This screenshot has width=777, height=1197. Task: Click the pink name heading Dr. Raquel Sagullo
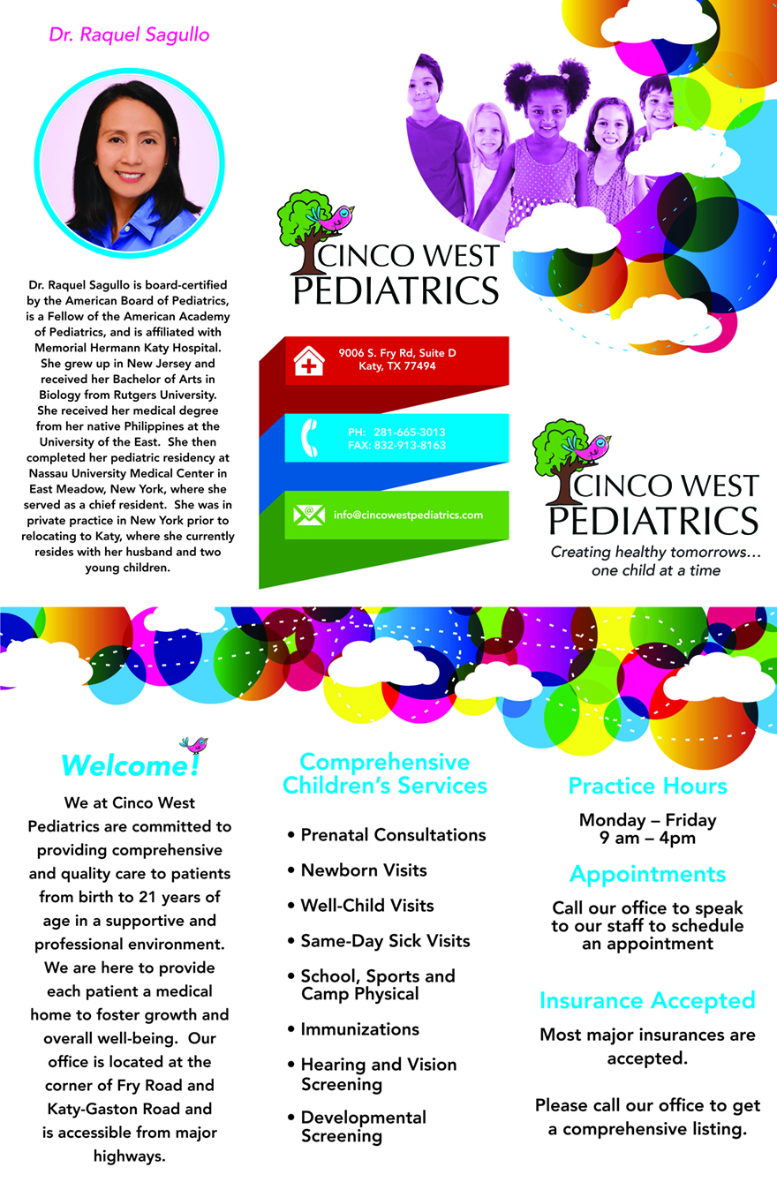pos(129,35)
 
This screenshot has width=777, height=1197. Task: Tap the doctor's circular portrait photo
pos(130,164)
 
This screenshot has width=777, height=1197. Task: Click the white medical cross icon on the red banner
pos(308,361)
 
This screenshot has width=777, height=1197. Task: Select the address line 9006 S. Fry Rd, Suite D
pos(396,353)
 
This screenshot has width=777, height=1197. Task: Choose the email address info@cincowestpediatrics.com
pos(408,515)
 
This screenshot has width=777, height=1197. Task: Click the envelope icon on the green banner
pos(309,515)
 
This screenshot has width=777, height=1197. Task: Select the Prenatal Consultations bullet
pos(393,835)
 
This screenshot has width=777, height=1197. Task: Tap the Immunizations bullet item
pos(359,1029)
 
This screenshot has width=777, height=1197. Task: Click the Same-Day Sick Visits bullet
pos(385,941)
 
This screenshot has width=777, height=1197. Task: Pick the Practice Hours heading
pos(647,786)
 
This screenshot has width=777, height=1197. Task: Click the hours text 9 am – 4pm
pos(647,838)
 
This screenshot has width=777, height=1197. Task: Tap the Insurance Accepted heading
pos(647,1000)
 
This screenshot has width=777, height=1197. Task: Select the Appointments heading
pos(647,875)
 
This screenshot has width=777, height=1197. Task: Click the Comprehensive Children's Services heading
pos(384,773)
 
